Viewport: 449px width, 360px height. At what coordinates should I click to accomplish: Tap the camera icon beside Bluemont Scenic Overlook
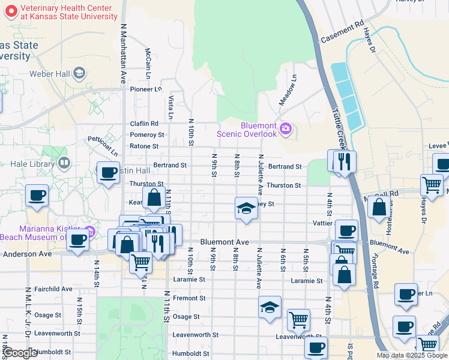tap(286, 128)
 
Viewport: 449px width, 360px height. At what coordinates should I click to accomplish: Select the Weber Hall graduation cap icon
tap(79, 73)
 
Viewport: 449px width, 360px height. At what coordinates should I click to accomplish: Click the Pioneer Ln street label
tap(146, 89)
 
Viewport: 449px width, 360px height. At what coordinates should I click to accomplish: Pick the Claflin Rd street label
tap(144, 124)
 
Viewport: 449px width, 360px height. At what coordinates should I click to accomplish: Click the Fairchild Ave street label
tap(53, 289)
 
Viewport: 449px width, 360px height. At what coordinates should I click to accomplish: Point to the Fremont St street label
tap(189, 298)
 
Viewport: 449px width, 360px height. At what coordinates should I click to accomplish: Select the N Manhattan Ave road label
tap(124, 54)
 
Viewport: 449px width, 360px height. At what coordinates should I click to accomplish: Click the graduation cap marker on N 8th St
tap(245, 208)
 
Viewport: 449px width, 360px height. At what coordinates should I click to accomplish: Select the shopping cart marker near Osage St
tap(298, 320)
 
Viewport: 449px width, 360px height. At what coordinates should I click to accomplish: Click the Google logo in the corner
tap(20, 353)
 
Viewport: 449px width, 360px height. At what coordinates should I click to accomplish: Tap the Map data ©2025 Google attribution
tap(411, 355)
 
